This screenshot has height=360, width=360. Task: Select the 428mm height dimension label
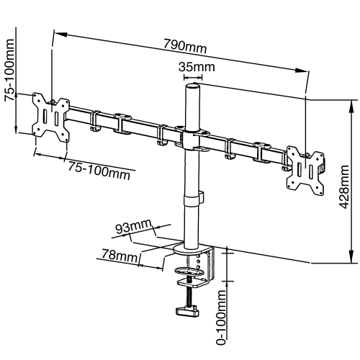pyautogui.click(x=341, y=179)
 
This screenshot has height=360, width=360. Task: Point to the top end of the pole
pyautogui.click(x=193, y=86)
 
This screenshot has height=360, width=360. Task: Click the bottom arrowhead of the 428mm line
pyautogui.click(x=351, y=261)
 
